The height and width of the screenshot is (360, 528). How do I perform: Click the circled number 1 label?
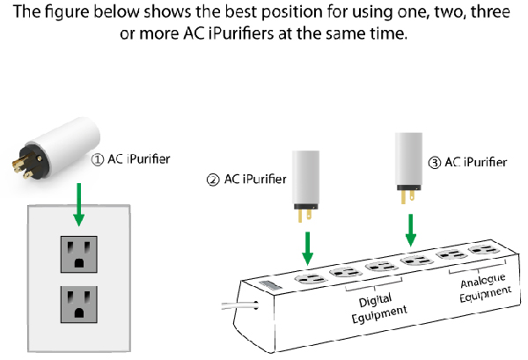[99, 159]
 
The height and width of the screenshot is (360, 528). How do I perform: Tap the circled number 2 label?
[211, 180]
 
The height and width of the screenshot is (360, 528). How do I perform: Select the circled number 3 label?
[435, 162]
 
